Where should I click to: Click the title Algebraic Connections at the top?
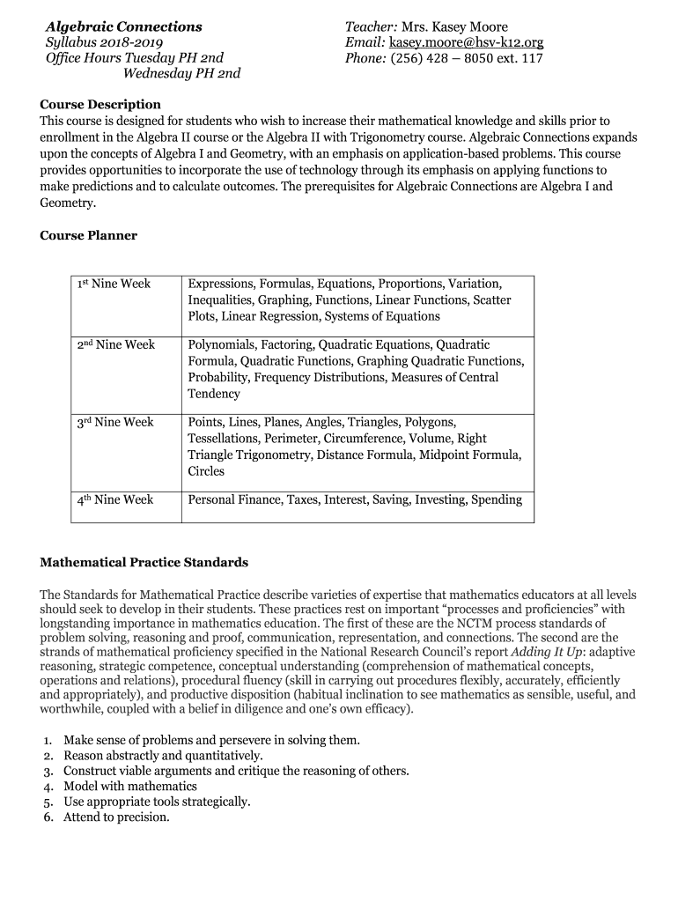pyautogui.click(x=123, y=27)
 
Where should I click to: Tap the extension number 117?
pyautogui.click(x=533, y=59)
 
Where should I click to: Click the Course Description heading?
pyautogui.click(x=100, y=105)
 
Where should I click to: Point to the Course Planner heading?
pyautogui.click(x=88, y=236)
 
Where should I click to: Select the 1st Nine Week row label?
pyautogui.click(x=114, y=285)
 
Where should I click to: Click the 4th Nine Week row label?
pyautogui.click(x=114, y=500)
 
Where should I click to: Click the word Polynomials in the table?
pyautogui.click(x=220, y=345)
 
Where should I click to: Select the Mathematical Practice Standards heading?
pyautogui.click(x=144, y=562)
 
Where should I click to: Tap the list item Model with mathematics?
pyautogui.click(x=130, y=787)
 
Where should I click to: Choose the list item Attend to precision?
pyautogui.click(x=116, y=817)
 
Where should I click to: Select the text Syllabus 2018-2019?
pyautogui.click(x=104, y=43)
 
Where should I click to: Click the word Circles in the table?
pyautogui.click(x=207, y=472)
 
